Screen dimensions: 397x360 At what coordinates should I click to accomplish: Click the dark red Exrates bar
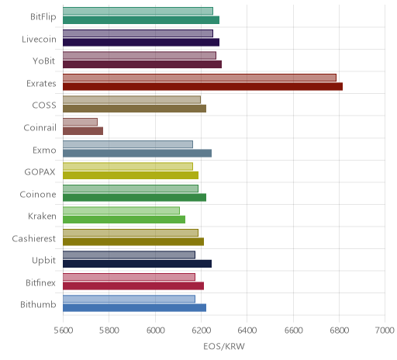202,87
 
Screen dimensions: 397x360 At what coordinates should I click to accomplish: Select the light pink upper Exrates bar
199,78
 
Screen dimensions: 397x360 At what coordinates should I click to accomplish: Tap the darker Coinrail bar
83,131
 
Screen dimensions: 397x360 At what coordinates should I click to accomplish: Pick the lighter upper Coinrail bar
80,122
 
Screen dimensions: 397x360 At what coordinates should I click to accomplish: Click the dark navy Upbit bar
137,264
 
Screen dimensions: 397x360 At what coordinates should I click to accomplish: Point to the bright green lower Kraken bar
124,220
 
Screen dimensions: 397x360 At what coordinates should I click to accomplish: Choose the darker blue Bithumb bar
134,308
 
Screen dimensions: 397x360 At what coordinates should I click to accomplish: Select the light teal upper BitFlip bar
138,11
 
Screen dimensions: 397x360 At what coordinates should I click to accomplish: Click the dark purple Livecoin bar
141,42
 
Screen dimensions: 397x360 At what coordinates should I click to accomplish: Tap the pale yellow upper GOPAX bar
128,166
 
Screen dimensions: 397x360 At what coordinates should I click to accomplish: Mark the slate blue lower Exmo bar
137,153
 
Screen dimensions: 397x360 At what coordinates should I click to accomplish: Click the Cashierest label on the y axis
34,238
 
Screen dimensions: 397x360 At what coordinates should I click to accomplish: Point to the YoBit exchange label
44,61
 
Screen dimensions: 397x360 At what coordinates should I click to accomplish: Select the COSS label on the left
44,106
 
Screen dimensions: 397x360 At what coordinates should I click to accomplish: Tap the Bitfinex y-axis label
40,282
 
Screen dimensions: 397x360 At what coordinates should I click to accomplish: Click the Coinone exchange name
38,194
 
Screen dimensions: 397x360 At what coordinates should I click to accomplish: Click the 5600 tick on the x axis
64,331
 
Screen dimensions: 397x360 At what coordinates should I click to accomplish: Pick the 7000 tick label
385,331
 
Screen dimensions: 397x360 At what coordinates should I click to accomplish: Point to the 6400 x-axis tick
247,331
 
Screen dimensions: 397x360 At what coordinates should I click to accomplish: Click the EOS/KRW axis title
224,347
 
